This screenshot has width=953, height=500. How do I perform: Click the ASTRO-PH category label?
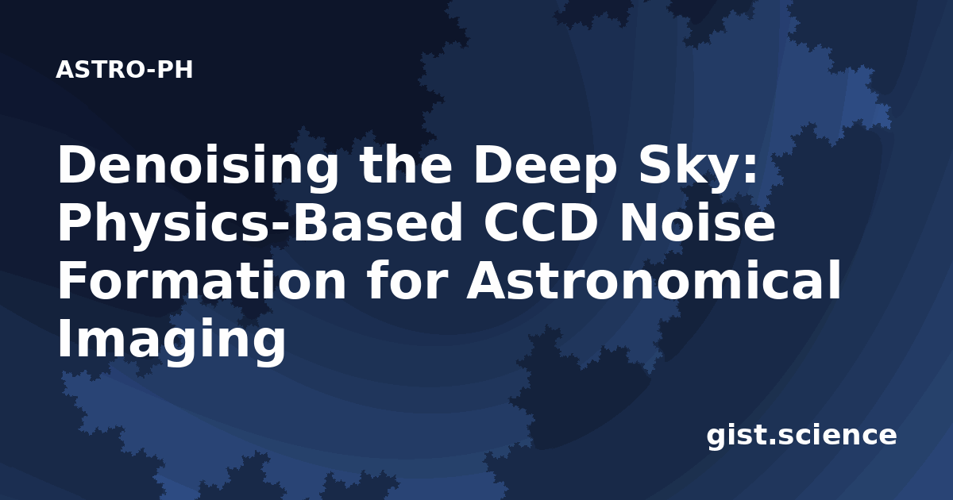point(124,70)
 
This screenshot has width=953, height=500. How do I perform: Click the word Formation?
point(203,281)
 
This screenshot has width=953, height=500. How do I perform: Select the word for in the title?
point(408,281)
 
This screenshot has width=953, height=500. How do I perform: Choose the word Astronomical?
point(654,281)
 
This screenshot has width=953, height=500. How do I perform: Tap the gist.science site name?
point(801,436)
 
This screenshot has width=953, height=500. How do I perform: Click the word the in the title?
point(406,166)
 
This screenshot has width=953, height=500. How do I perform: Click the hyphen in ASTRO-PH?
point(150,71)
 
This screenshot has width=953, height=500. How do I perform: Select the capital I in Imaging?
point(64,339)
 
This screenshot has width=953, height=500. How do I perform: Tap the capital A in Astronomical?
point(487,281)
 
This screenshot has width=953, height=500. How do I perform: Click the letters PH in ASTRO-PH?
point(175,70)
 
